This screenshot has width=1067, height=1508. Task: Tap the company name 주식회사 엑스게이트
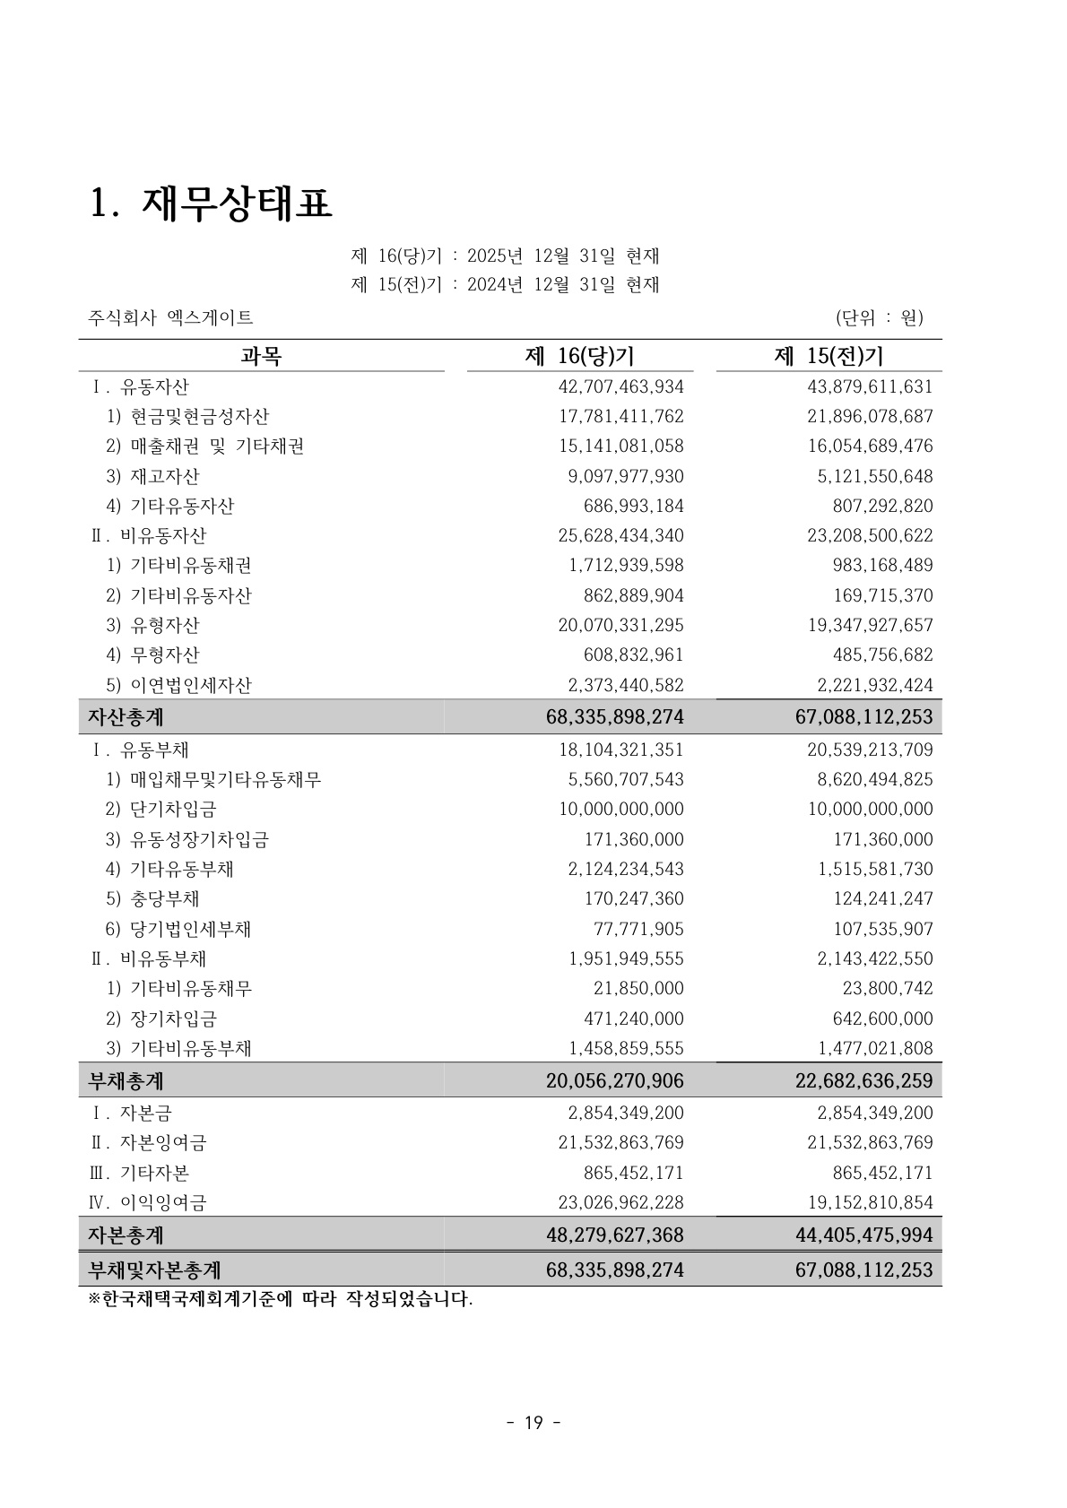(170, 317)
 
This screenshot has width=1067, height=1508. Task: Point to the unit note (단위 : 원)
(879, 317)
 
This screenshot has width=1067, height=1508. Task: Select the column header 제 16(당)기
(579, 356)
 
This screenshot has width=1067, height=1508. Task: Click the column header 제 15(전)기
(828, 356)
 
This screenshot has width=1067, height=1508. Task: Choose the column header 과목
(261, 356)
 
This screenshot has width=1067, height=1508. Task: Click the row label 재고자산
(164, 476)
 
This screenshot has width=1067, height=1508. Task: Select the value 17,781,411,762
(620, 416)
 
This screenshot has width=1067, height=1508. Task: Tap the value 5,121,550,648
(874, 476)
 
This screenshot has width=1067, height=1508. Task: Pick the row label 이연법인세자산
(190, 685)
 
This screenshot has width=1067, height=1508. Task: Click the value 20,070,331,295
(620, 625)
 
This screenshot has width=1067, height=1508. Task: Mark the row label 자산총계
(126, 717)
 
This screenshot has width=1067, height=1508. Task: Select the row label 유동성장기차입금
(199, 839)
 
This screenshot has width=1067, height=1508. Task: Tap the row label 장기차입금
(173, 1018)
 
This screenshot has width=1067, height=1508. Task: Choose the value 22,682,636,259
(863, 1080)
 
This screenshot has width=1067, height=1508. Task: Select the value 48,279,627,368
(614, 1235)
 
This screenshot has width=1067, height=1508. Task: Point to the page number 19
(533, 1422)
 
